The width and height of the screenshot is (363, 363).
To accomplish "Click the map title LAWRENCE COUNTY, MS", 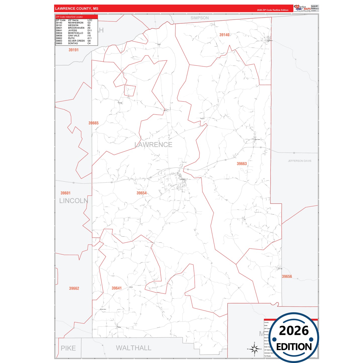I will coord(77,9).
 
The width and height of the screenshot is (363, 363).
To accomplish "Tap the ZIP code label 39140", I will coord(224,35).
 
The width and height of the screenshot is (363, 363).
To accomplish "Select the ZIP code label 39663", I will coord(242,164).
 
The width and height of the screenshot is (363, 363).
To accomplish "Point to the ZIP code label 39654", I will coord(141,193).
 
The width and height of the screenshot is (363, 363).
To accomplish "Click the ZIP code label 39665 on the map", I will coord(93,123).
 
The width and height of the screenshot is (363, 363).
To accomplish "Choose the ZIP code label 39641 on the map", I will coord(117,288).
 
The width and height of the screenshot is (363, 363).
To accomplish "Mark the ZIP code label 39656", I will coord(287,277).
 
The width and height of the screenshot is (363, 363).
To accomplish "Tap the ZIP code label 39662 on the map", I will coord(74,288).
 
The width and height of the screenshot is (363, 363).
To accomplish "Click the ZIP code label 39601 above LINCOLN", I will coord(66,193).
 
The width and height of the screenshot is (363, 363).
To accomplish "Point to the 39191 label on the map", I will coord(74,50).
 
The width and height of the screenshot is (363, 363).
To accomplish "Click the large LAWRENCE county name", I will coord(153,145).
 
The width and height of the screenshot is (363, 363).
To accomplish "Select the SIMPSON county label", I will coord(199,18).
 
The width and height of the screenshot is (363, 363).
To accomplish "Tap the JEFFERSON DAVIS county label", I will coord(299,161).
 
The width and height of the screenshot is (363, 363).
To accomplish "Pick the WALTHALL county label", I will coord(133,348).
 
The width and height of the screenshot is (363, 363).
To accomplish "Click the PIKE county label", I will coord(68,348).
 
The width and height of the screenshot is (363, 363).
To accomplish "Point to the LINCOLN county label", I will coord(74,201).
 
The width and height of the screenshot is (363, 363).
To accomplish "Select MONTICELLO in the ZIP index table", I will coord(75,33).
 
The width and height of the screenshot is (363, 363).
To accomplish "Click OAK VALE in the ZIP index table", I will coord(74,36).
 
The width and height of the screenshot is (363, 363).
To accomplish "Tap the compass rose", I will coord(254,349).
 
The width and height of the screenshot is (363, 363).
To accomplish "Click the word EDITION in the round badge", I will coord(294,347).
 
